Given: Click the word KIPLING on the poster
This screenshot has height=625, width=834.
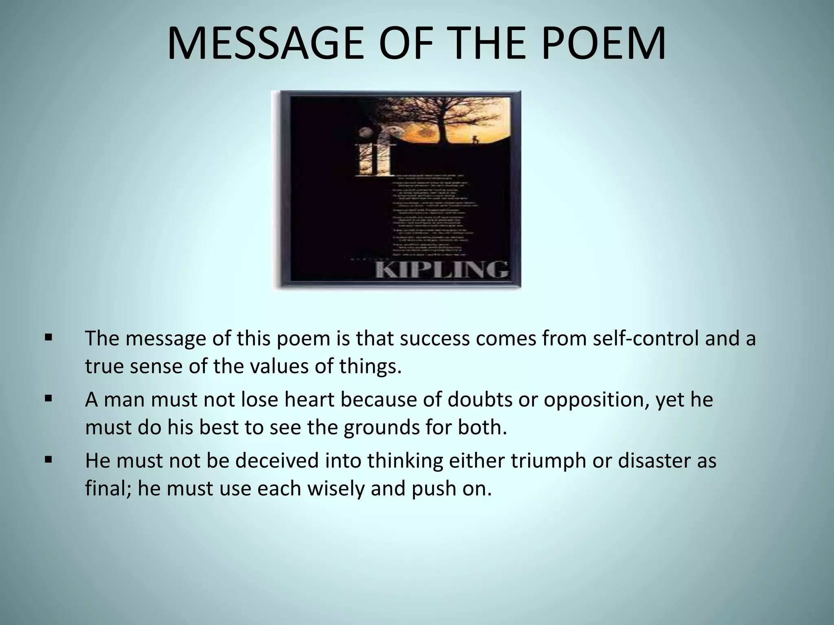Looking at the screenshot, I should pyautogui.click(x=441, y=269).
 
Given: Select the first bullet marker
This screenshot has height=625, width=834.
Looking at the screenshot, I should pyautogui.click(x=49, y=338).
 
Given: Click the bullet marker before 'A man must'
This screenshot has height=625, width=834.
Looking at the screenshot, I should pyautogui.click(x=49, y=399).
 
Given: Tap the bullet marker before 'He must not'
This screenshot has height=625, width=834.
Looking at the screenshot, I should pyautogui.click(x=49, y=460).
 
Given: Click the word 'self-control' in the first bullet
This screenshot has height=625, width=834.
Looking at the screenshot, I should pyautogui.click(x=645, y=339).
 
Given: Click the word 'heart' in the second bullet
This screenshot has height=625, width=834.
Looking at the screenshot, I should pyautogui.click(x=309, y=400).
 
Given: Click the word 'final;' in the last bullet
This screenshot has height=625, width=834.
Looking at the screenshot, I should pyautogui.click(x=108, y=488).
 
